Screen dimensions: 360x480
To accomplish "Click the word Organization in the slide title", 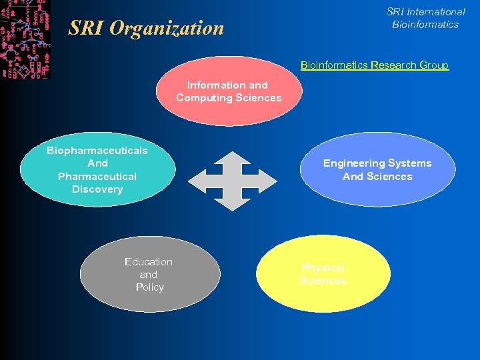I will pos(167,29).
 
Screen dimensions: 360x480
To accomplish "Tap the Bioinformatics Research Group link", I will pos(374,65).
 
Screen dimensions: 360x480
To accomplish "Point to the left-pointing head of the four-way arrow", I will pos(196,181).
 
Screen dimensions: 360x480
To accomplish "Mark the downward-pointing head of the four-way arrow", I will pos(232,203).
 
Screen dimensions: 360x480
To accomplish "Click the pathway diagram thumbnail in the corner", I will pos(25,39).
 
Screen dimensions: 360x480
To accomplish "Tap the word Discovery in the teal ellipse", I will pos(97,189).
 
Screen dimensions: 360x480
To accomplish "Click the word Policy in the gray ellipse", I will pos(149,287).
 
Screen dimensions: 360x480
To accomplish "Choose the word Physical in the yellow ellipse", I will pos(323,268).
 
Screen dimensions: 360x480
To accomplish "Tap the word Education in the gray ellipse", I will pos(149,262).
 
